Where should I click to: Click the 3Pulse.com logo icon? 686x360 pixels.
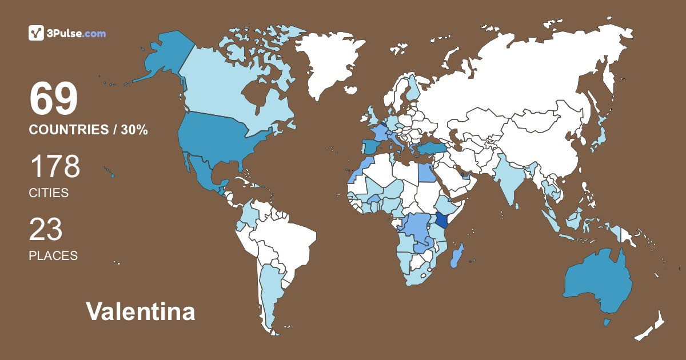36,33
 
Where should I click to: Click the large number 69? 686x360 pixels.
53,99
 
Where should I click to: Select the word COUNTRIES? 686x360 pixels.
67,130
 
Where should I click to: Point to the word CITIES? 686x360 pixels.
49,193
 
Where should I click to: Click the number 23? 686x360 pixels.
46,229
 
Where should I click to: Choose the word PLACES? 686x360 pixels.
53,256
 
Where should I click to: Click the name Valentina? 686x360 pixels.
141,312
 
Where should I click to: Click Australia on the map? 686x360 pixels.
597,283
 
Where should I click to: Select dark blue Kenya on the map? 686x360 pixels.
441,221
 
